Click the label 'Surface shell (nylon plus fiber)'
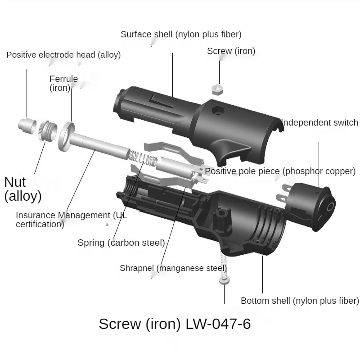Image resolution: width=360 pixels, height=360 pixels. tap(181, 34)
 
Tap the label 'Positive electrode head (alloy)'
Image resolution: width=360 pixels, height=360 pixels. tap(63, 55)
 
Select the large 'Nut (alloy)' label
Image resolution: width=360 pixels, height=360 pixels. tap(22, 189)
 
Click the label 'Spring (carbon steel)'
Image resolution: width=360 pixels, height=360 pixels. tap(121, 243)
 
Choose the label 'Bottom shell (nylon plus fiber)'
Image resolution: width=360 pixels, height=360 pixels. tap(300, 301)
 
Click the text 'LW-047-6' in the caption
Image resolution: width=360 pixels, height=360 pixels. tap(218, 324)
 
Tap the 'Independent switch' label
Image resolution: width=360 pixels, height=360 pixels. tap(319, 122)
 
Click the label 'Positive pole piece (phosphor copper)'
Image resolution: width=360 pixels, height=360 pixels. tap(280, 171)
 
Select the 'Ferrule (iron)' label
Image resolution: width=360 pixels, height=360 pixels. tap(63, 83)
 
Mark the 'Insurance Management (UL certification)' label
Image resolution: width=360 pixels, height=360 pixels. tap(71, 220)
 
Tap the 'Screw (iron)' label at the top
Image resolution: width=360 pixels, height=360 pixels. tap(231, 51)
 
